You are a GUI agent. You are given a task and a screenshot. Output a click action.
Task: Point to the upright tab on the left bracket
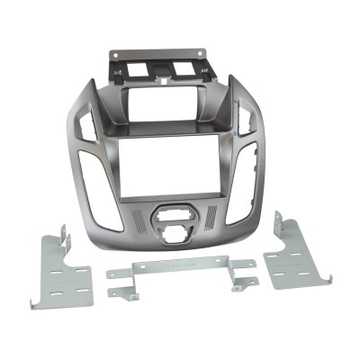pos(65,236)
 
